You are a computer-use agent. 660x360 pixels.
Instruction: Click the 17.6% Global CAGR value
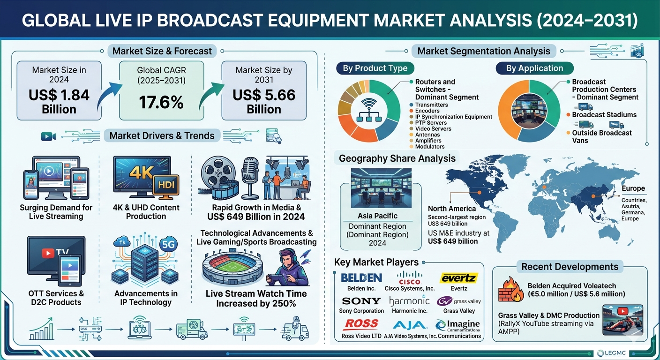tap(161, 102)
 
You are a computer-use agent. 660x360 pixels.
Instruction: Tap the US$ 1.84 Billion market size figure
tap(59, 102)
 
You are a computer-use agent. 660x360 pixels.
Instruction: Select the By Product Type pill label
tap(375, 68)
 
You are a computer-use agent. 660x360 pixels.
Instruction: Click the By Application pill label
tap(534, 68)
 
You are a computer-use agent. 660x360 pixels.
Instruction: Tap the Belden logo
tap(361, 278)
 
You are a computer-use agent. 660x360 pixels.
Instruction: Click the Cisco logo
tap(410, 278)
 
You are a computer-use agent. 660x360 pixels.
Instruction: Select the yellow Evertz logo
tap(459, 278)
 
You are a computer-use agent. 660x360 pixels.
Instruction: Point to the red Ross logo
tap(361, 324)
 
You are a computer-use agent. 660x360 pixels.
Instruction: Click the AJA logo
tap(410, 325)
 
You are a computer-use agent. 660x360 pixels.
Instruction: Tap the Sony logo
tap(361, 301)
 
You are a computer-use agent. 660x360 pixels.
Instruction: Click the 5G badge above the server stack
tap(168, 244)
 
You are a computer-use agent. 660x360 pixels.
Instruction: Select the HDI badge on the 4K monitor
tap(166, 184)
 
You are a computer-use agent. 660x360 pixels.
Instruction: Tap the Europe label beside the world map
tap(633, 188)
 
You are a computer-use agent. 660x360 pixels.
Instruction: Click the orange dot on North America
tap(480, 192)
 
